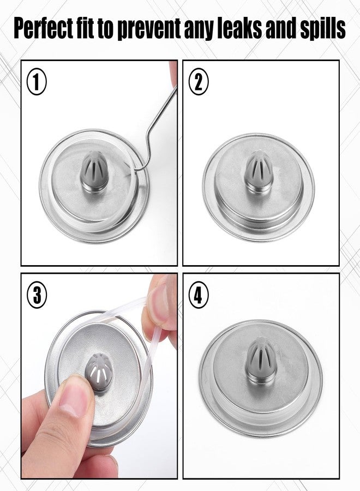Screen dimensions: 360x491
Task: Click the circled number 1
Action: pyautogui.click(x=37, y=82)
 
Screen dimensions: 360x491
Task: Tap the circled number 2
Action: pyautogui.click(x=199, y=82)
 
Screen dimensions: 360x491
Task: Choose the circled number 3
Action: pyautogui.click(x=37, y=295)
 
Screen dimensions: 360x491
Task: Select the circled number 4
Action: pyautogui.click(x=199, y=295)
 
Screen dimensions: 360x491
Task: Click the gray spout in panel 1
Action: pyautogui.click(x=94, y=171)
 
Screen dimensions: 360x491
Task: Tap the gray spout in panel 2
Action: pyautogui.click(x=259, y=171)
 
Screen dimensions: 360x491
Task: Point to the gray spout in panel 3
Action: pyautogui.click(x=99, y=372)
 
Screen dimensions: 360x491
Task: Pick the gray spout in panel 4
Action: pyautogui.click(x=261, y=360)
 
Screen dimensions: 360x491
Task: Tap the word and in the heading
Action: pyautogui.click(x=279, y=28)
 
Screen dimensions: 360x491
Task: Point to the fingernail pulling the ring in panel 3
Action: pyautogui.click(x=159, y=304)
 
